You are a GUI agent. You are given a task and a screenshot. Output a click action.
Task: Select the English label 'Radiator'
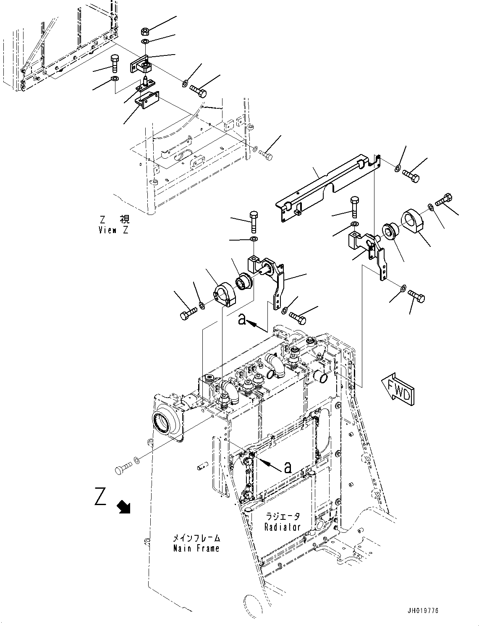point(283,527)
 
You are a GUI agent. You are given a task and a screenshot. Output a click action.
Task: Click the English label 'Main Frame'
point(196,548)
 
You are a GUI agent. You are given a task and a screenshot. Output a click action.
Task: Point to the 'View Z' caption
point(114,230)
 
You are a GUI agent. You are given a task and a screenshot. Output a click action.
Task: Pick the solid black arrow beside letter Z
point(124,507)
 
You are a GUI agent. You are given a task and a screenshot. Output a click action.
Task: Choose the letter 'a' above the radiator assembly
point(242,319)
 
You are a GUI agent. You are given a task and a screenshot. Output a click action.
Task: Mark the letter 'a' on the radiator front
point(288,467)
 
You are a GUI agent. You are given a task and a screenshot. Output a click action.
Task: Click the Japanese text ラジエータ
point(283,516)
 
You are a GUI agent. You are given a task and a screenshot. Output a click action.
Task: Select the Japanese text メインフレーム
point(196,538)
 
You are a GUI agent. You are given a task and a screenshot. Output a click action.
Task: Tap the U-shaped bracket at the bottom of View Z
point(147,100)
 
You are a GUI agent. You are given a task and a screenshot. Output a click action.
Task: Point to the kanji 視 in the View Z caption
point(124,220)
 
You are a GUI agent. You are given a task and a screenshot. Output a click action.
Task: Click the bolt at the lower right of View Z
point(266,155)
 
